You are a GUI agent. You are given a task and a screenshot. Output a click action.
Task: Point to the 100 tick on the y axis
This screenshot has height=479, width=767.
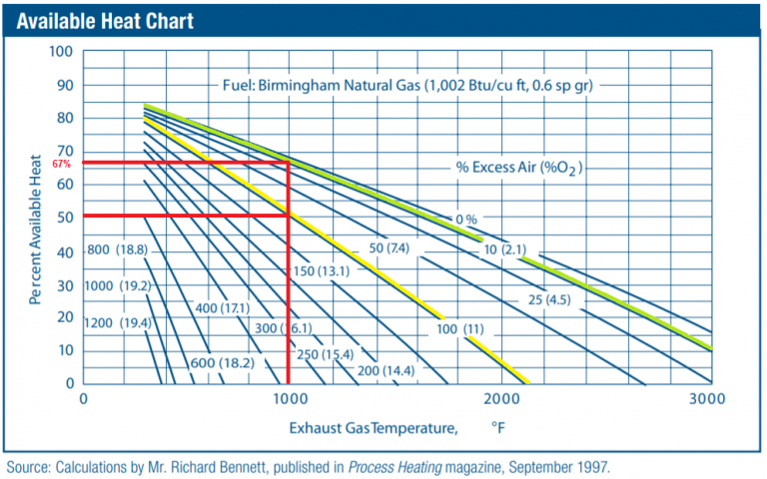point(63,52)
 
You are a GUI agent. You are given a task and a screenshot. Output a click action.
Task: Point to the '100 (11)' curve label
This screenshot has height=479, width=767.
point(460,329)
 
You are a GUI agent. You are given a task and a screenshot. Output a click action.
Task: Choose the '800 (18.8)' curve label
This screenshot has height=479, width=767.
point(117,249)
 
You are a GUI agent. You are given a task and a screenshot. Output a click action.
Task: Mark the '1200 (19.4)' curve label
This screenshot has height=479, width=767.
point(117,322)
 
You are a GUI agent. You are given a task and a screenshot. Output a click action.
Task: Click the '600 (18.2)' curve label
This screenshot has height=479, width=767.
point(221,363)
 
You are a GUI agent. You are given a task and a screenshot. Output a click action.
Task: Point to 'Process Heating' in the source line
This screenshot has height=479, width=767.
point(389,466)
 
